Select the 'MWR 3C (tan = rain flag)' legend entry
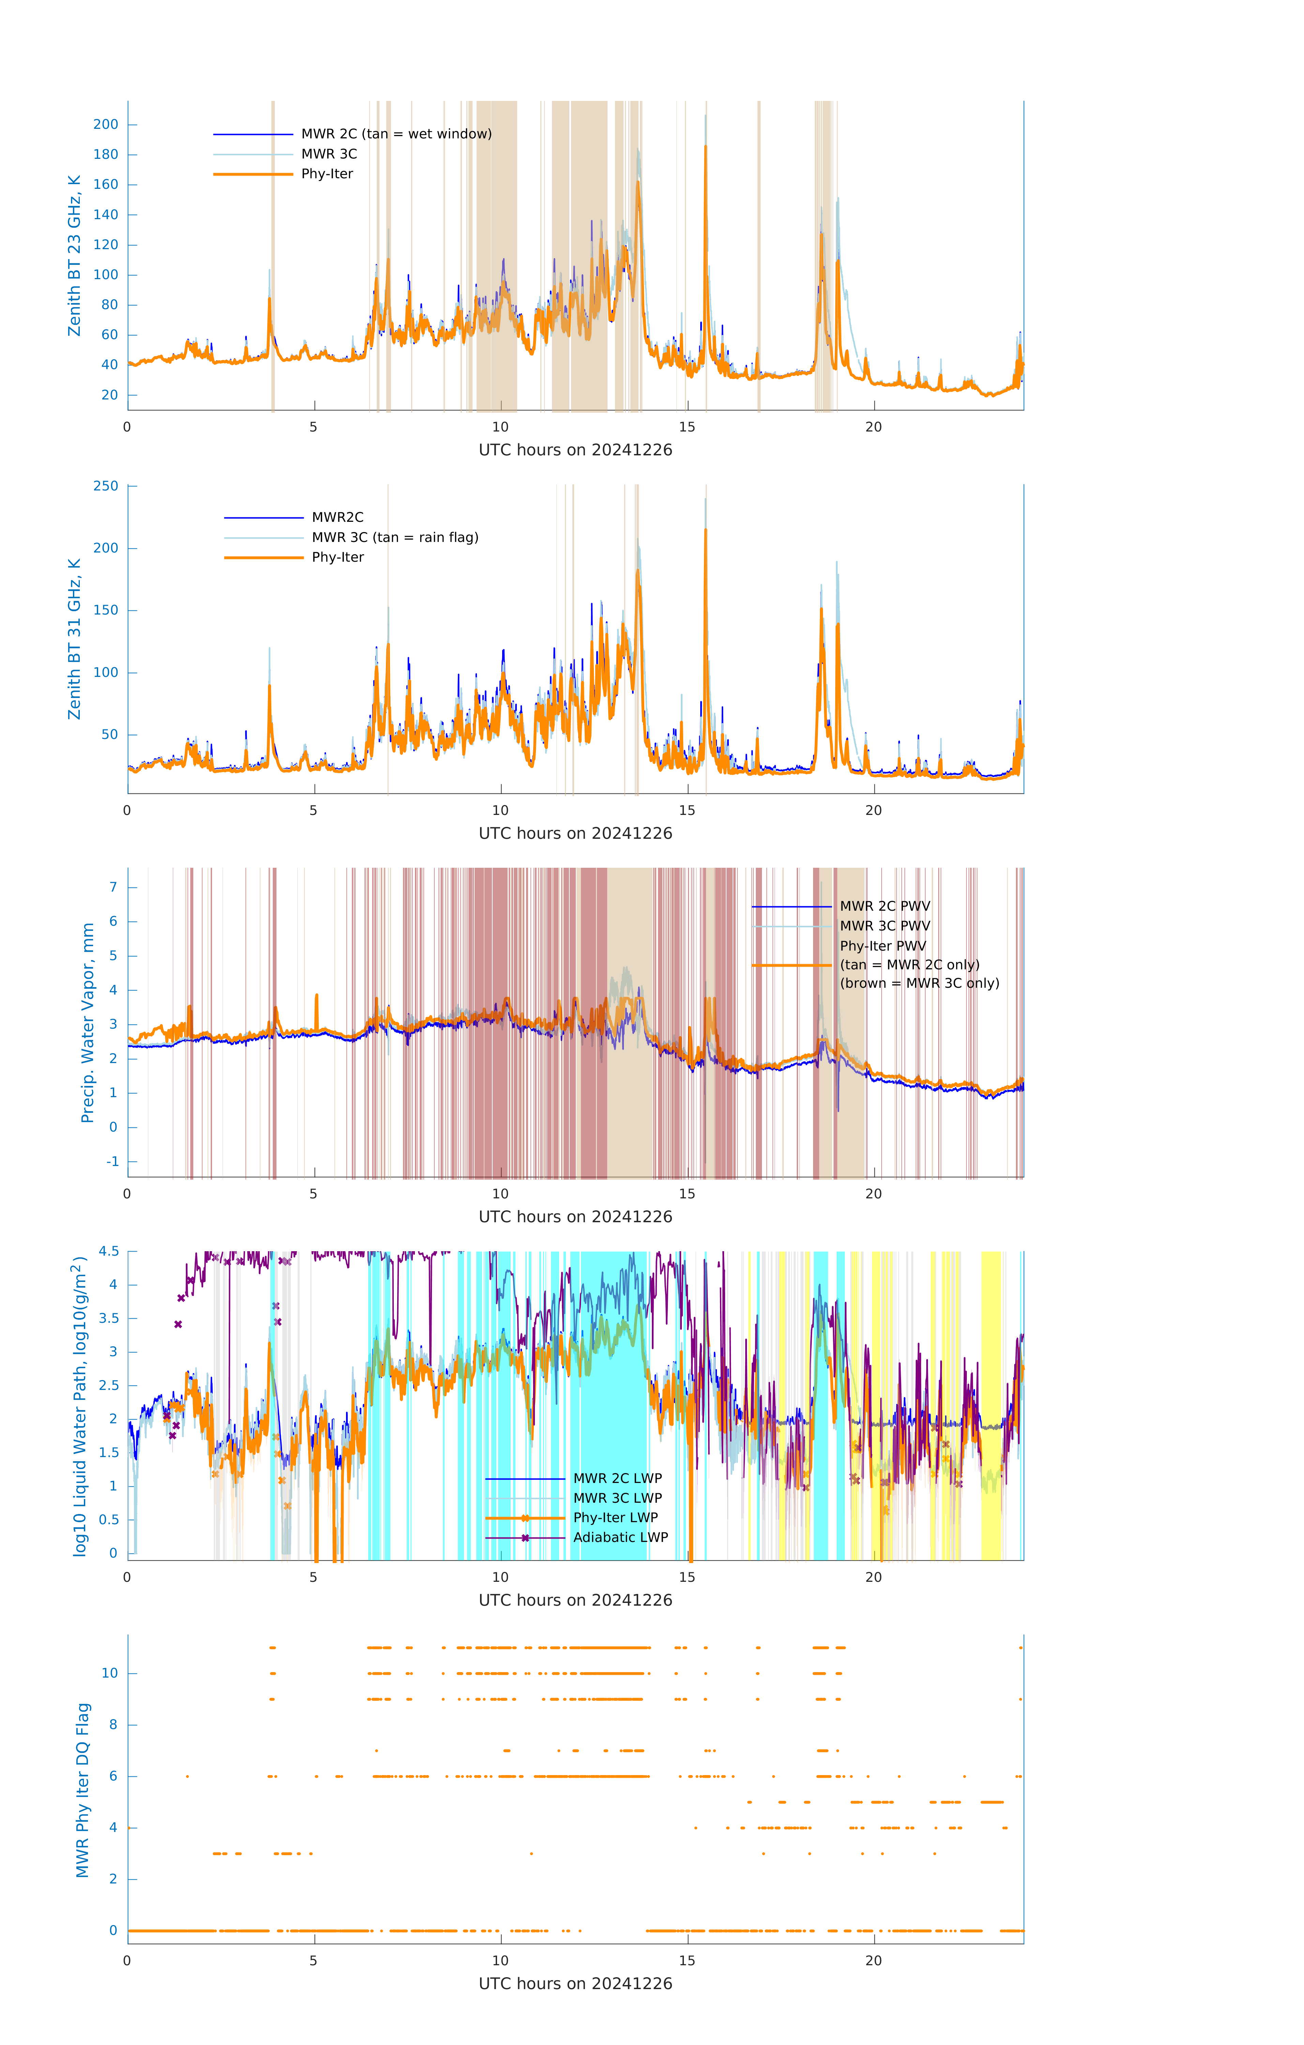395,537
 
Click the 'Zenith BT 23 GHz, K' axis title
75,256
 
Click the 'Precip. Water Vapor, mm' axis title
88,1022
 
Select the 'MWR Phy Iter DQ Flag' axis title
83,1790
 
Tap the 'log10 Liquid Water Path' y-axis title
80,1406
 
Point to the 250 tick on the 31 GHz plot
106,486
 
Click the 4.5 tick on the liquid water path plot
109,1251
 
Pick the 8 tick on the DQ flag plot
113,1725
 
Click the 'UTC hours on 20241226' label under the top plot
575,450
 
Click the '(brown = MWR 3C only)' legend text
919,983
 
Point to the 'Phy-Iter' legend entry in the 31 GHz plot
337,557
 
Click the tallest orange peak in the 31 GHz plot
705,531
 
